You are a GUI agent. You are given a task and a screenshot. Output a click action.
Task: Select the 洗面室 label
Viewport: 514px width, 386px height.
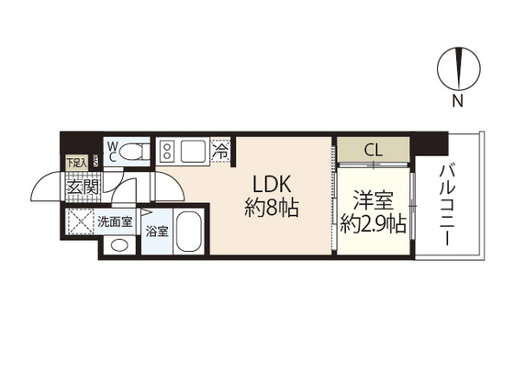point(116,221)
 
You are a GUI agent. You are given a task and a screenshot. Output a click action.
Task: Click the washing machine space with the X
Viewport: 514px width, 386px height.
point(79,221)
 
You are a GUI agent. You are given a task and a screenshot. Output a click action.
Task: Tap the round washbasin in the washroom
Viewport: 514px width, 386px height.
point(118,245)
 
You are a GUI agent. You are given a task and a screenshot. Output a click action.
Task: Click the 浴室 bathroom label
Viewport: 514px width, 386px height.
point(157,233)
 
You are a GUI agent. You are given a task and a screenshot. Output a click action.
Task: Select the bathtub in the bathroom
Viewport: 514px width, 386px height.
point(189,233)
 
